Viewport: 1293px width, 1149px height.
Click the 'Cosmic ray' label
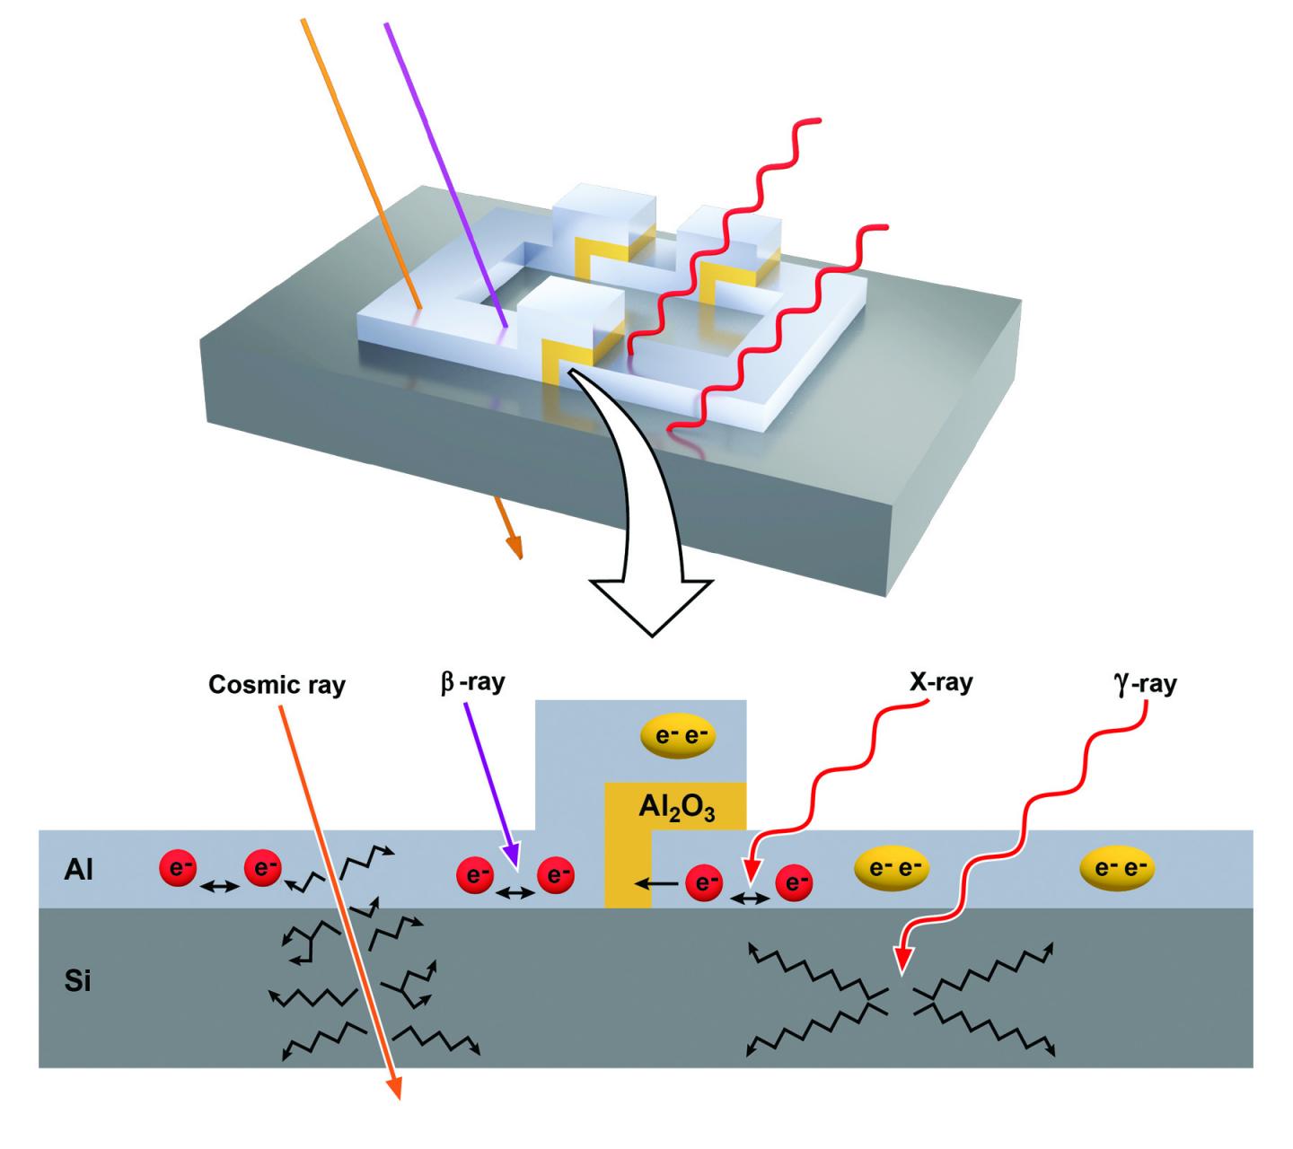(x=277, y=685)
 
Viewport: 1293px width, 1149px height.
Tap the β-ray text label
(x=472, y=682)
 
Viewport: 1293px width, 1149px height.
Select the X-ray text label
(x=938, y=682)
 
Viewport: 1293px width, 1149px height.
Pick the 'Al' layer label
(x=79, y=870)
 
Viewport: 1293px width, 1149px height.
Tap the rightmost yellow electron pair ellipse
(x=1116, y=868)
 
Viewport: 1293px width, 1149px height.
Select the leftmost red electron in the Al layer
(x=178, y=869)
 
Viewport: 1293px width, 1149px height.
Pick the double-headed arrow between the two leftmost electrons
(x=220, y=887)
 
